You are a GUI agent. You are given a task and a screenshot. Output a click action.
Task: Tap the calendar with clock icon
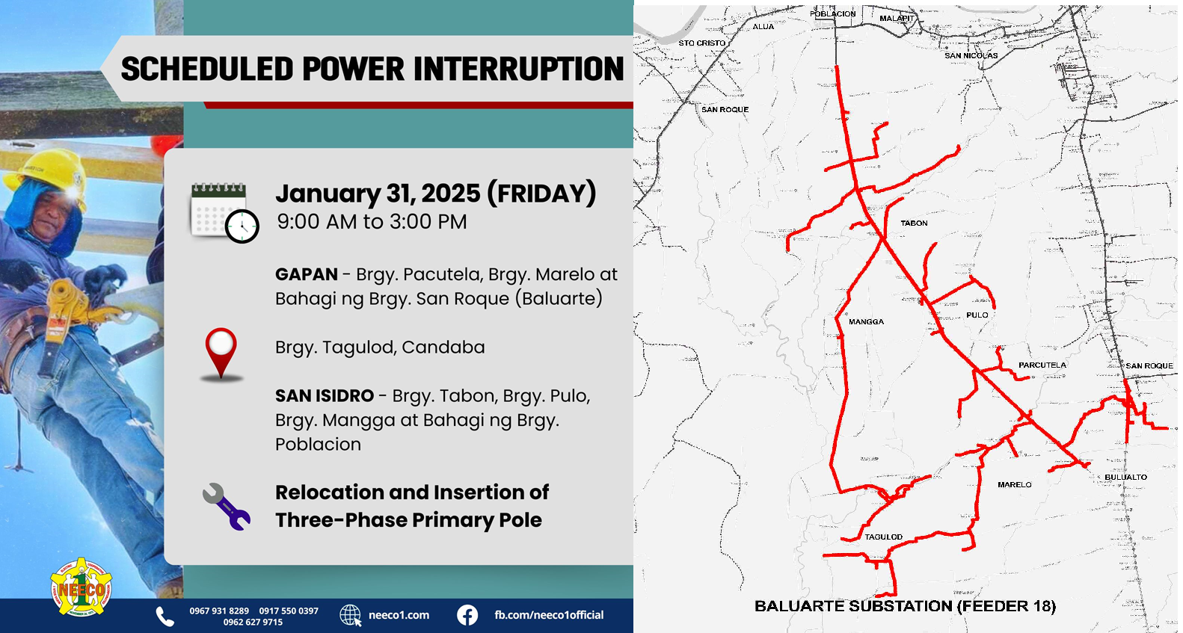[225, 213]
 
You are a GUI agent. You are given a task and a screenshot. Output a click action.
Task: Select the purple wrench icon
[227, 506]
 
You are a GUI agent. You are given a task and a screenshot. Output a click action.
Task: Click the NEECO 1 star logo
[81, 587]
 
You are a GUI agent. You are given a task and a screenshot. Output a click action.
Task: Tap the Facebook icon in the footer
[467, 616]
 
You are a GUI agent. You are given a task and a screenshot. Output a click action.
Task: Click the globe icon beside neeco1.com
[350, 616]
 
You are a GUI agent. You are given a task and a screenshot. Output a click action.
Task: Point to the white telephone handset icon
[165, 616]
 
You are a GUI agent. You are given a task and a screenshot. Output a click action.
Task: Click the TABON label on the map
[914, 223]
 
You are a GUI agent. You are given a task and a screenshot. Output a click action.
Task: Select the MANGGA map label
[866, 321]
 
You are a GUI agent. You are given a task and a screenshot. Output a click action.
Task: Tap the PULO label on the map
[977, 315]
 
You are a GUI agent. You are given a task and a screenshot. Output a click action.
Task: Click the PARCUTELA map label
[1042, 365]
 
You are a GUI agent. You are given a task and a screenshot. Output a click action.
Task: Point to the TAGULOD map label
[884, 537]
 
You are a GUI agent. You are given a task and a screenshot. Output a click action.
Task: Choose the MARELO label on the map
[1015, 484]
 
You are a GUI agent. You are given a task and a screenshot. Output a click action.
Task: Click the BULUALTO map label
[1125, 478]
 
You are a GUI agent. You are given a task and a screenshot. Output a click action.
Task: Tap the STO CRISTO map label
[702, 43]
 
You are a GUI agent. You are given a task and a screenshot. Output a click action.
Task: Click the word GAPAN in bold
[307, 274]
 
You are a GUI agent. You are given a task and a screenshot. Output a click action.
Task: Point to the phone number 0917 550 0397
[289, 611]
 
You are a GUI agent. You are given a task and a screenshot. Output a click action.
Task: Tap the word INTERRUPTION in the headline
[519, 70]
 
